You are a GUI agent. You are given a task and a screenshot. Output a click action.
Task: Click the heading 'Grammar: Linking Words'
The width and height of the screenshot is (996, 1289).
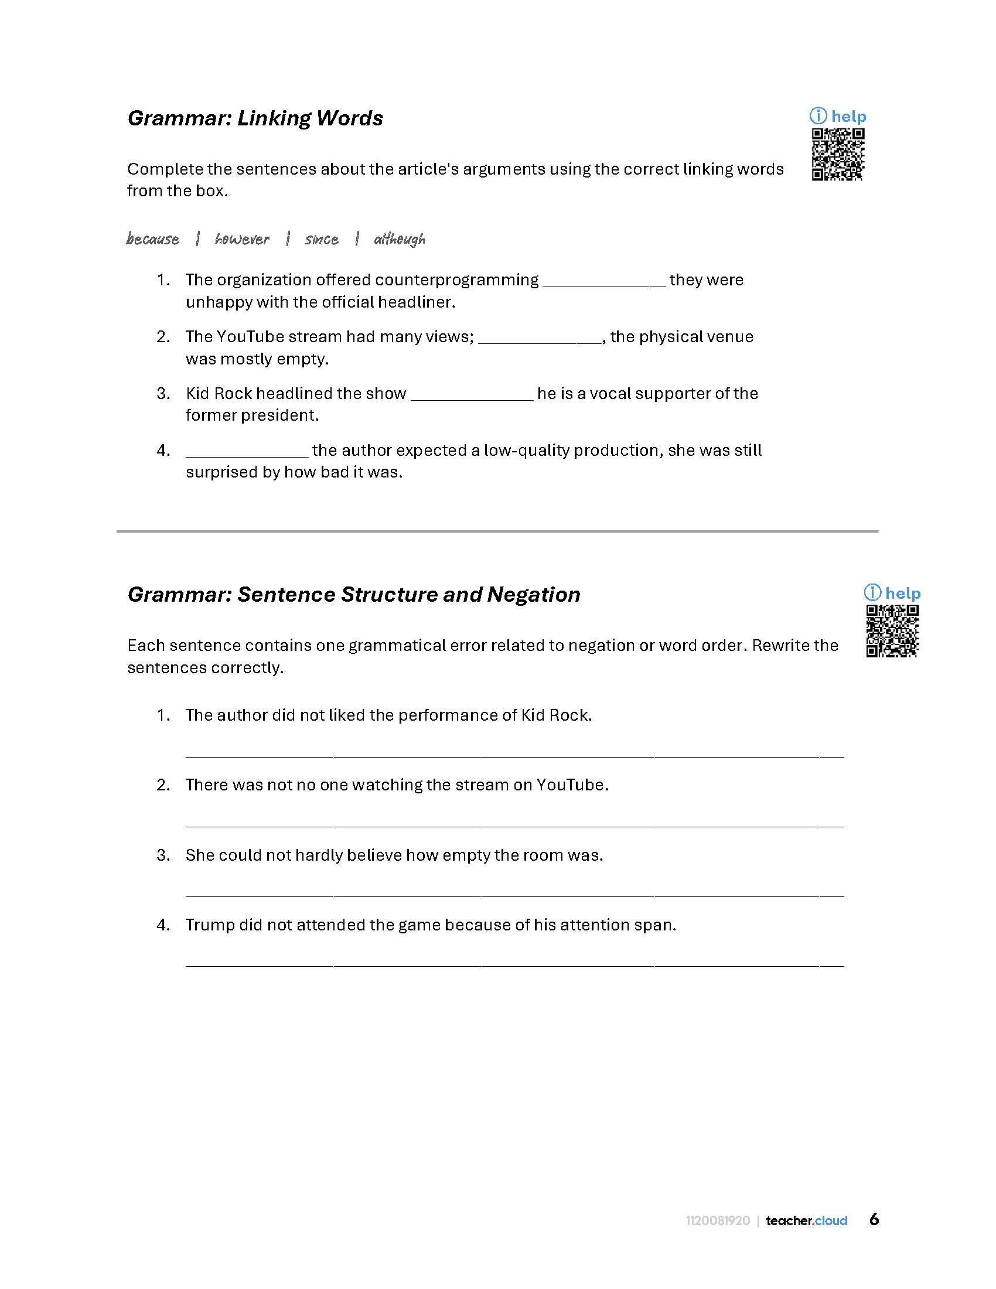click(x=255, y=118)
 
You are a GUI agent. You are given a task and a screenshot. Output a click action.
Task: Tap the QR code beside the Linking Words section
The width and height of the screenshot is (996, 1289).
click(x=837, y=154)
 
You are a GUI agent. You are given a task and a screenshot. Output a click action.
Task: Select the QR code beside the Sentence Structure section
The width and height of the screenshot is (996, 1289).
click(x=892, y=631)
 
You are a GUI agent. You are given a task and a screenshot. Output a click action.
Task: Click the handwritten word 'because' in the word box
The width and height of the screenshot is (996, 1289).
click(x=153, y=239)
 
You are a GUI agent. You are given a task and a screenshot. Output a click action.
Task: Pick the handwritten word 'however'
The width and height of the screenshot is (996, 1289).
click(x=242, y=239)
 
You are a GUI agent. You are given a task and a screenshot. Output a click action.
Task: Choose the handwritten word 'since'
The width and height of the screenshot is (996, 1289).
click(x=322, y=239)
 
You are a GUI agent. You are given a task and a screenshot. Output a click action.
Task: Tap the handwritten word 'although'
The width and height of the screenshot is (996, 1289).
click(x=400, y=239)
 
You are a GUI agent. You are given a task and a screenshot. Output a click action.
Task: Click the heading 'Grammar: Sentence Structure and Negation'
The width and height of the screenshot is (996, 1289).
click(x=354, y=595)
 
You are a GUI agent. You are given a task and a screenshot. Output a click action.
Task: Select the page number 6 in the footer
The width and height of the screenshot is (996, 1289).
click(x=874, y=1219)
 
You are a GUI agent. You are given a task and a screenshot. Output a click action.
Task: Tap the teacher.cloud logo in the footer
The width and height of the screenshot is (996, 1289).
click(x=806, y=1220)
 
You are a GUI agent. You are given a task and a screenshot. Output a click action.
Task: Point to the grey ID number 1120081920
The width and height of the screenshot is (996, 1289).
click(x=718, y=1220)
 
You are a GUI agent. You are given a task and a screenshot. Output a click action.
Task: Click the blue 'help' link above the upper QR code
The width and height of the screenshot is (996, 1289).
click(x=848, y=117)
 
